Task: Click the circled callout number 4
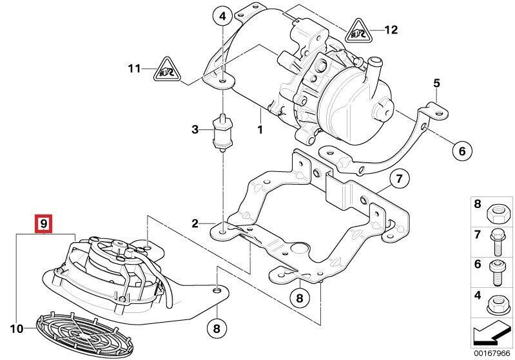pyautogui.click(x=221, y=15)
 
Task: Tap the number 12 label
pyautogui.click(x=391, y=30)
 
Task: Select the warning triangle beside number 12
pyautogui.click(x=358, y=30)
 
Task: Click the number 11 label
pyautogui.click(x=133, y=68)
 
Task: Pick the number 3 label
pyautogui.click(x=195, y=131)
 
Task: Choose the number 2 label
pyautogui.click(x=195, y=224)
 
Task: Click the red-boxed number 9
pyautogui.click(x=43, y=223)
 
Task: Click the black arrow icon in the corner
pyautogui.click(x=491, y=334)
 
